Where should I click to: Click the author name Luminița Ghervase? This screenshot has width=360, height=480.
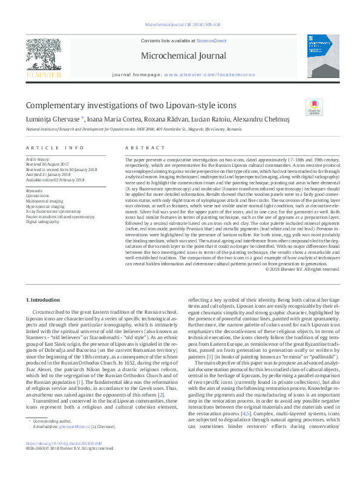[51, 120]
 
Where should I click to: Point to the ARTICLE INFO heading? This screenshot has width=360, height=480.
[54, 148]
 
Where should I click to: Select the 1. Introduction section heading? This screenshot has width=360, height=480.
[44, 300]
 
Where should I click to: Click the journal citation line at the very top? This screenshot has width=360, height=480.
[180, 25]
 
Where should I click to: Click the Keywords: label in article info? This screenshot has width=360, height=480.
[34, 190]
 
